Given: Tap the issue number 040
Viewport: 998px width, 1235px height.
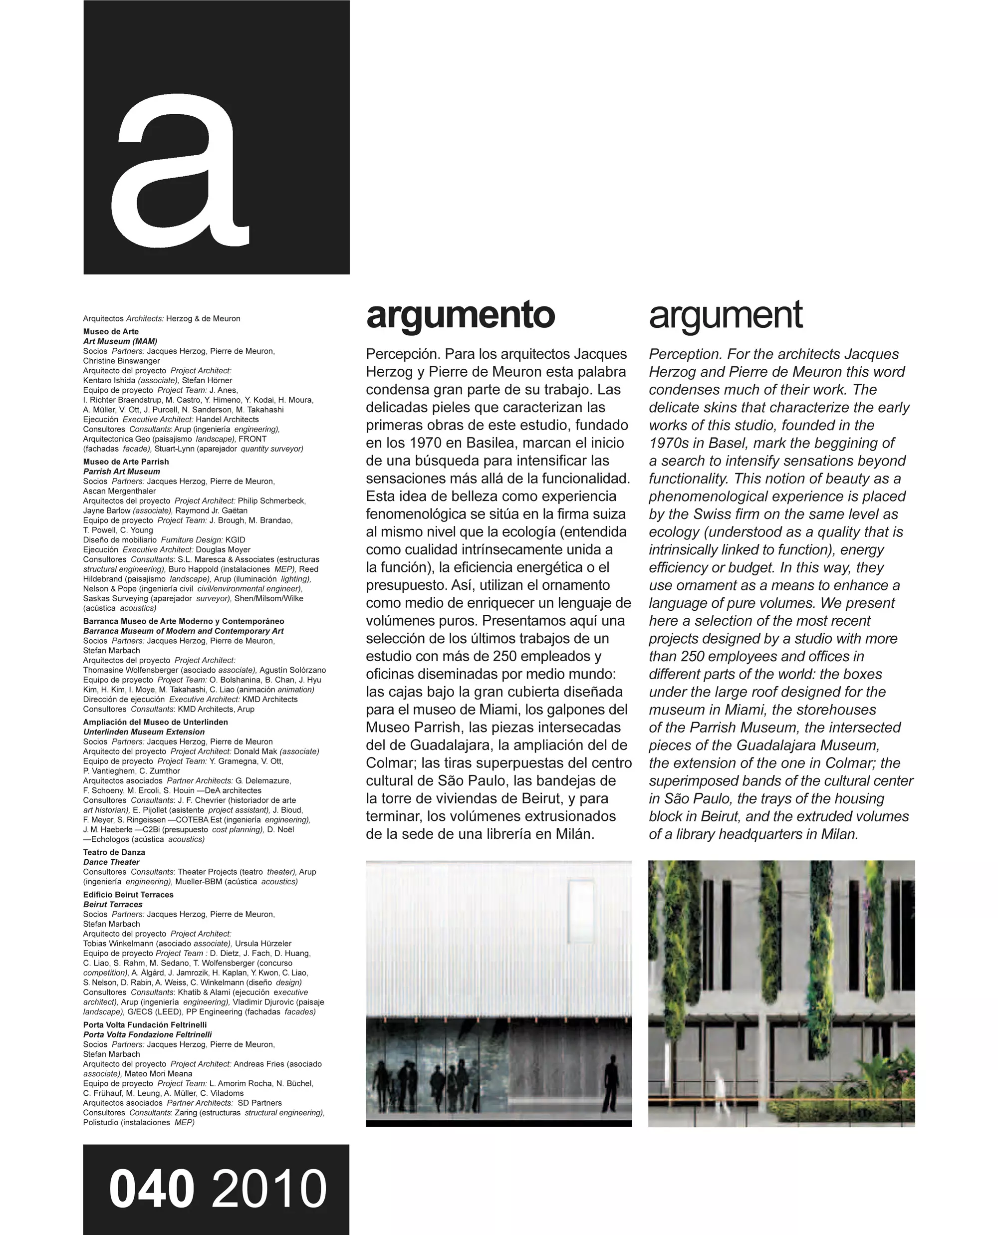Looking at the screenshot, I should pos(152,1189).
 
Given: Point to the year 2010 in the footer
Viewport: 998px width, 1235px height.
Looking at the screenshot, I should pos(269,1189).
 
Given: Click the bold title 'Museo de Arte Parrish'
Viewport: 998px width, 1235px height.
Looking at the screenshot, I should pos(126,462).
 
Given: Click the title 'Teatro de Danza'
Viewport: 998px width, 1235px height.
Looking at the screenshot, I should pos(114,852).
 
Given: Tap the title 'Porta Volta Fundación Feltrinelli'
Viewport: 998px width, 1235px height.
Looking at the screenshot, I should pos(145,1024).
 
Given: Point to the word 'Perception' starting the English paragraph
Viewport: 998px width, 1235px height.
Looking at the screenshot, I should pos(684,354).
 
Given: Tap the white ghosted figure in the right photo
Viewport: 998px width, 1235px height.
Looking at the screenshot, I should pos(719,1086).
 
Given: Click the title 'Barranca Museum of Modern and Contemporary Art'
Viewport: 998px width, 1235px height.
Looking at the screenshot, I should pos(184,631).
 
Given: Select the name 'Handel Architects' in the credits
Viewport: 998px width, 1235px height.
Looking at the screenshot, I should pos(227,420).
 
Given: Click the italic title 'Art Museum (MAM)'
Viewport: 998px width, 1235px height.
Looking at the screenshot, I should pos(120,341).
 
